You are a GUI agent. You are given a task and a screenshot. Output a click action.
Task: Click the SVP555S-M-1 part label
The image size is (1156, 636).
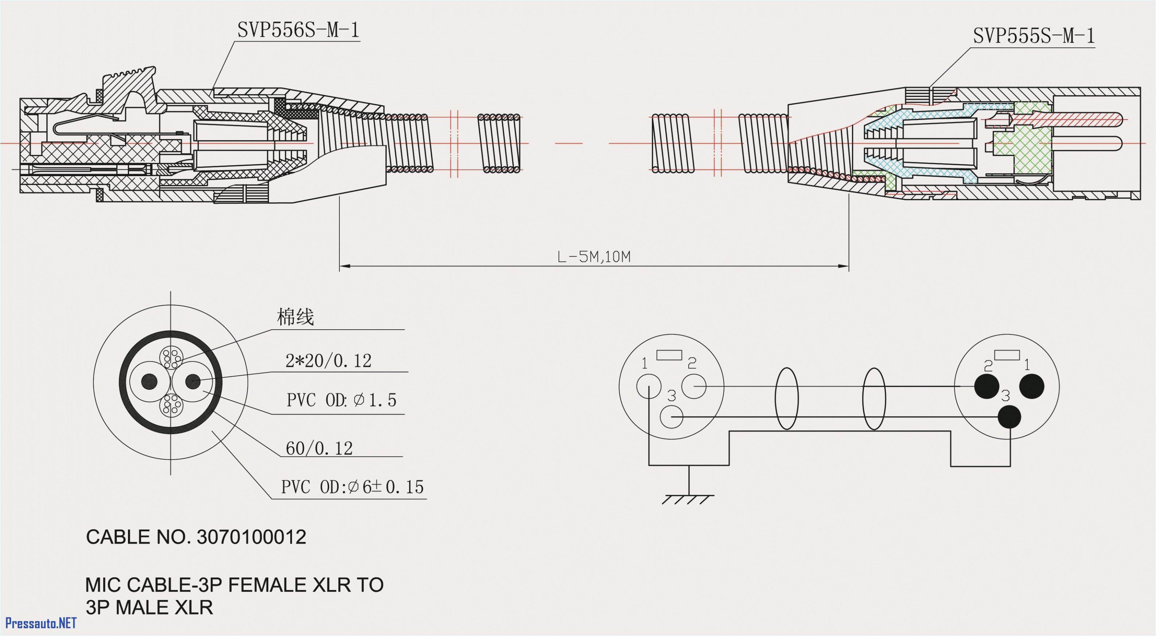click(1034, 36)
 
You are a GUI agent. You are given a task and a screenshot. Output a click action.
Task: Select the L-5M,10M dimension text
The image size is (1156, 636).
click(594, 257)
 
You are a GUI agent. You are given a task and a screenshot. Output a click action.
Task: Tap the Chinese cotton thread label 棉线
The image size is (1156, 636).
click(295, 317)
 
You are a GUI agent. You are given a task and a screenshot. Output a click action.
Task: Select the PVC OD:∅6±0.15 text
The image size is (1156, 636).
click(352, 487)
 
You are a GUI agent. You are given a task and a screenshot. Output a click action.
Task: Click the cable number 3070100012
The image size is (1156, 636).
click(251, 537)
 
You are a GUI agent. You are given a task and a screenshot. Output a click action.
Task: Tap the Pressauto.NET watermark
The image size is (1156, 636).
click(41, 623)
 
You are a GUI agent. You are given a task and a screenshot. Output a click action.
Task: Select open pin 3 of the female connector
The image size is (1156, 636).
click(672, 417)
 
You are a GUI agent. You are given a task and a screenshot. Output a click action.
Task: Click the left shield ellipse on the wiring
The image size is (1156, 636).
click(786, 399)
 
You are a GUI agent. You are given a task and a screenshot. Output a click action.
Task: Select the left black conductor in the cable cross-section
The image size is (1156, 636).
click(149, 382)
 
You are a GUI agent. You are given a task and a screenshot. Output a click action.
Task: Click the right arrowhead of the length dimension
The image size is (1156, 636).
click(844, 266)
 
